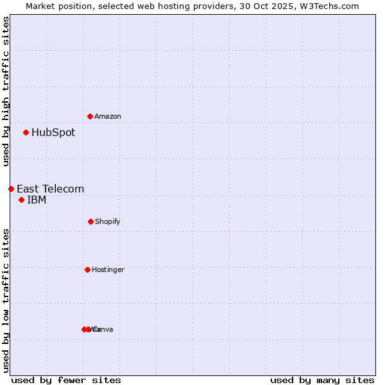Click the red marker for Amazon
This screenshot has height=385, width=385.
click(x=90, y=116)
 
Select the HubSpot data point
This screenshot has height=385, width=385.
click(x=26, y=133)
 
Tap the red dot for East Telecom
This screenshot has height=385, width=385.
click(x=11, y=189)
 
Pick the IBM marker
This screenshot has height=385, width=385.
click(x=21, y=200)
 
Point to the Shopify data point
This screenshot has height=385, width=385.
click(x=90, y=221)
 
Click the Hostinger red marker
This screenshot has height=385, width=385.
click(x=87, y=269)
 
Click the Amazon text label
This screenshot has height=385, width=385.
click(x=108, y=116)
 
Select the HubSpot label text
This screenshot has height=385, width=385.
click(x=53, y=133)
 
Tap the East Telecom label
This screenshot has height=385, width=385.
click(x=50, y=189)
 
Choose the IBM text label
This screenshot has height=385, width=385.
click(x=37, y=200)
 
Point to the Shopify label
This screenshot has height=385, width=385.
click(x=108, y=221)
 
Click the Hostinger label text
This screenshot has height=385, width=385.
click(x=108, y=269)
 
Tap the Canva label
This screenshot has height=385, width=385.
click(x=104, y=329)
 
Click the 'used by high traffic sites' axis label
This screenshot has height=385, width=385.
click(x=6, y=91)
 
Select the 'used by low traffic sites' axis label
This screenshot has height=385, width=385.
click(x=6, y=299)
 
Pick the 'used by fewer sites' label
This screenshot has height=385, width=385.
click(x=66, y=380)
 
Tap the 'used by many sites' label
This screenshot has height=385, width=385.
click(x=322, y=380)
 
